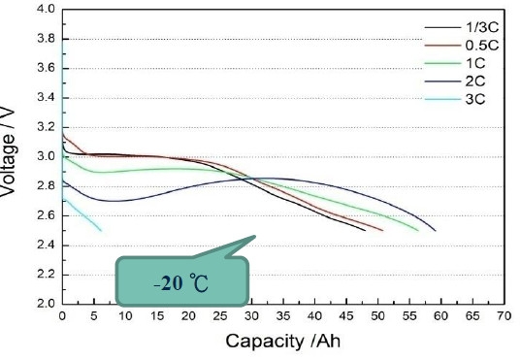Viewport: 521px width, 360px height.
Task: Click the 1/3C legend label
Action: pyautogui.click(x=482, y=27)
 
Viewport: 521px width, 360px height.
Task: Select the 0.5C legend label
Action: pyautogui.click(x=482, y=46)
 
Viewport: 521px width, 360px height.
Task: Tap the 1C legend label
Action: pyautogui.click(x=475, y=63)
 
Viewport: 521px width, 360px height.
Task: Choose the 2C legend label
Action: pyautogui.click(x=475, y=82)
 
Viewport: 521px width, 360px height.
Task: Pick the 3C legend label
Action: pyautogui.click(x=475, y=99)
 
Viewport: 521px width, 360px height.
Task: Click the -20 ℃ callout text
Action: pyautogui.click(x=181, y=284)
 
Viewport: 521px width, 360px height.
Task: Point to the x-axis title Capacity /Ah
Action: pyautogui.click(x=282, y=341)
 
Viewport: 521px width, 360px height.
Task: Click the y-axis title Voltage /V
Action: pyautogui.click(x=8, y=151)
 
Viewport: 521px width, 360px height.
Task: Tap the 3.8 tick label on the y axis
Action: pyautogui.click(x=47, y=39)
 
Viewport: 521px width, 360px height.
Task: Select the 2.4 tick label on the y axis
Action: pyautogui.click(x=47, y=245)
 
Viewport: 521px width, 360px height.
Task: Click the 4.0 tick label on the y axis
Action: pyautogui.click(x=47, y=9)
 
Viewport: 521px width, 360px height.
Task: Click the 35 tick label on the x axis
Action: pyautogui.click(x=283, y=315)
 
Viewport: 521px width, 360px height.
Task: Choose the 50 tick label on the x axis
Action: pyautogui.click(x=377, y=315)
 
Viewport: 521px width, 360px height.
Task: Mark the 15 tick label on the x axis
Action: pyautogui.click(x=157, y=315)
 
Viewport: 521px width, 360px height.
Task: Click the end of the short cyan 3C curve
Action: pyautogui.click(x=101, y=230)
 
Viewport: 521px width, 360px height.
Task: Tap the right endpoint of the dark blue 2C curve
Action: pyautogui.click(x=436, y=230)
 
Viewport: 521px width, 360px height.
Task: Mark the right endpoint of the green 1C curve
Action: pyautogui.click(x=418, y=230)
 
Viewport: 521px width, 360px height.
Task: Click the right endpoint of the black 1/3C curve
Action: pyautogui.click(x=365, y=230)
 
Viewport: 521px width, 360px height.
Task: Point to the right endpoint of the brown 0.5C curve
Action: pyautogui.click(x=383, y=230)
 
